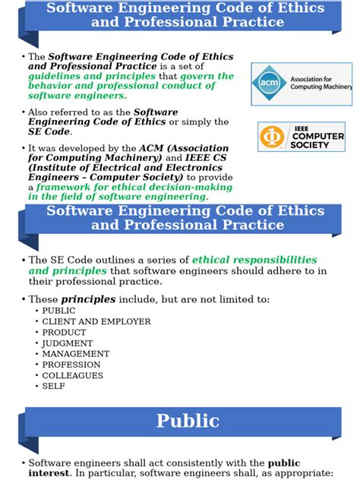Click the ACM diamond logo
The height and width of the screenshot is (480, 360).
[x=268, y=84]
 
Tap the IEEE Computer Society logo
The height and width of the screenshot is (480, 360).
[x=302, y=137]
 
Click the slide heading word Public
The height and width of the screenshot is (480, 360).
[x=188, y=421]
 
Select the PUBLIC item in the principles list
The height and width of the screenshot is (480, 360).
[x=58, y=311]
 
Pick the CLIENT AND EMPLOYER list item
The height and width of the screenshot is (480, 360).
[x=96, y=321]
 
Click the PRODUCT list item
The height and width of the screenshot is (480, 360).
[x=64, y=332]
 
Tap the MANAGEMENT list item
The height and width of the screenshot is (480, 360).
[x=75, y=354]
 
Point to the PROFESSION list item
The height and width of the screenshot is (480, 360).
[x=71, y=365]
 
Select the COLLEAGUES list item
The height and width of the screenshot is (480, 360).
[x=72, y=375]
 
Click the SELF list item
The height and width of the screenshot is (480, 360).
[x=53, y=386]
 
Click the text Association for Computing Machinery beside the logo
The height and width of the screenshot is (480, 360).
[x=320, y=83]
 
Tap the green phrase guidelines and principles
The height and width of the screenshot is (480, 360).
[x=91, y=77]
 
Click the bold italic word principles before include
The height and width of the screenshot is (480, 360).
[x=88, y=299]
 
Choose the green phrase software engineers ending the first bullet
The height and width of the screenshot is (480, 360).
[x=77, y=96]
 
